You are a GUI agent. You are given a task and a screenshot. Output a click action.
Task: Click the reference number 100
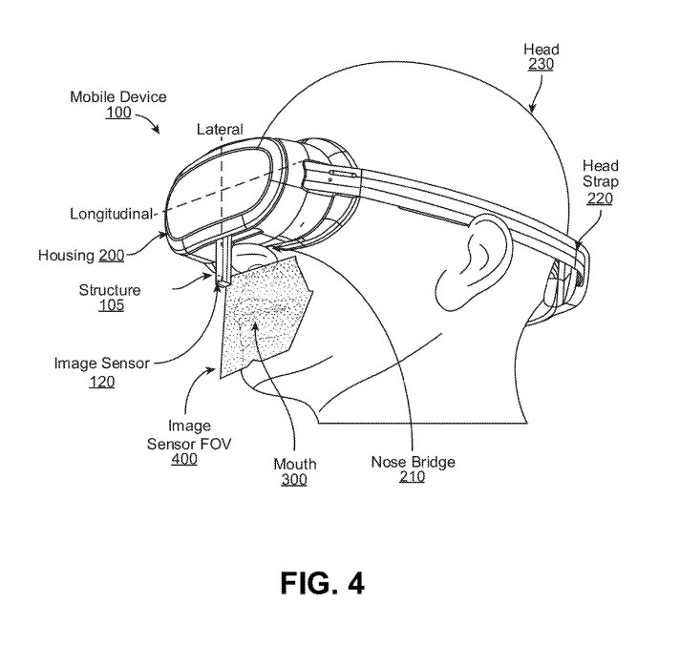(118, 113)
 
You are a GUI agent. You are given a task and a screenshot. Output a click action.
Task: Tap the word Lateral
(220, 129)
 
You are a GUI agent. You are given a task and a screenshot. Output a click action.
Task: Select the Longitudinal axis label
(112, 214)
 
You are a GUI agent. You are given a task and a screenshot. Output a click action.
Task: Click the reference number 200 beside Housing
(112, 255)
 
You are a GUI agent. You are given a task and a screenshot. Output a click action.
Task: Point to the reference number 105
(112, 305)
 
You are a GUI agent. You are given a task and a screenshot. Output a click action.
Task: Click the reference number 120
(102, 382)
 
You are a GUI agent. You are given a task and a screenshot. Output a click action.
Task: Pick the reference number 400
(184, 459)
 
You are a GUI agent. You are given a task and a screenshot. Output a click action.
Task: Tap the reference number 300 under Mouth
(294, 480)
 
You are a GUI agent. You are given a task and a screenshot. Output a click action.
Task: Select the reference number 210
(412, 476)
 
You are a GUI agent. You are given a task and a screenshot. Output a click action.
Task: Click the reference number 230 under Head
(542, 64)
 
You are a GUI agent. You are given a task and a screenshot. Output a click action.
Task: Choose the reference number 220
(600, 198)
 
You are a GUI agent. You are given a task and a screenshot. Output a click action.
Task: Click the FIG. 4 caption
(322, 583)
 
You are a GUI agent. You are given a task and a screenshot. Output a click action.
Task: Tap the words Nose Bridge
(414, 462)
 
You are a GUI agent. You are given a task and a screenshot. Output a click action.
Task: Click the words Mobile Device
(118, 96)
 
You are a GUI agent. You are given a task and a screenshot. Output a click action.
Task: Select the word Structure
(110, 290)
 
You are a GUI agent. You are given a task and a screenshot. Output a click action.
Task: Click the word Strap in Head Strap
(600, 181)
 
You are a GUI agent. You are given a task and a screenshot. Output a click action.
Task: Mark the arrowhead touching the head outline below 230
(533, 108)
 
